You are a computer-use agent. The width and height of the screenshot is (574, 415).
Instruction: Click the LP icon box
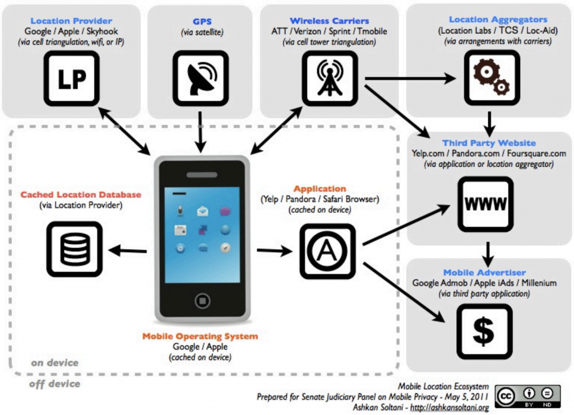click(x=72, y=78)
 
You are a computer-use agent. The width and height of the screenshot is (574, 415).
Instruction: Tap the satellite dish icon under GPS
click(x=201, y=78)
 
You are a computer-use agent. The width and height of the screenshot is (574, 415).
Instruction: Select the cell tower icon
click(x=330, y=78)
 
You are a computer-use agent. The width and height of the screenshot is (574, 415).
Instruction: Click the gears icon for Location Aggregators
click(x=492, y=78)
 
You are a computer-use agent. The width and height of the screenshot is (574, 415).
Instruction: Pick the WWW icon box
click(x=485, y=204)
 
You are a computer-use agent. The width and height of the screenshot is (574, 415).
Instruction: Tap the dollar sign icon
click(x=484, y=332)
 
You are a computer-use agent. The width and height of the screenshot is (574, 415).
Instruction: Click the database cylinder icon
click(x=75, y=249)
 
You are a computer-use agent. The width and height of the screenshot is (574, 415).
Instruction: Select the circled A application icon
click(x=327, y=251)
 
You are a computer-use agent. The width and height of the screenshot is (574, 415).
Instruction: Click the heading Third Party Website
click(x=489, y=143)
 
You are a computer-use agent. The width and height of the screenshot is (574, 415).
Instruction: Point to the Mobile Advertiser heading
click(x=484, y=272)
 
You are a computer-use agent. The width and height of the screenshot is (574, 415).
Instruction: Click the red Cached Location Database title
click(x=81, y=194)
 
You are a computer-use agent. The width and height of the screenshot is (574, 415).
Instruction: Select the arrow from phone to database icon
click(x=128, y=251)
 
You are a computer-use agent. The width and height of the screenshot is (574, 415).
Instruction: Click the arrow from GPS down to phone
click(x=200, y=132)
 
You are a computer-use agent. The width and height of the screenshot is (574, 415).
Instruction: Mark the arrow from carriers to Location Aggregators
click(x=410, y=78)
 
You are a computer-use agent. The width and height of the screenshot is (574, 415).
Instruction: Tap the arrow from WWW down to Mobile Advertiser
click(x=488, y=254)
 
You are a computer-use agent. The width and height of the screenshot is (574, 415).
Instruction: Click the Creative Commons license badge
click(x=527, y=397)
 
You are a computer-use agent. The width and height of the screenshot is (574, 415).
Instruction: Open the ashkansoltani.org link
click(x=450, y=407)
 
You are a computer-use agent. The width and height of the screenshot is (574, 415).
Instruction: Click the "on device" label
click(x=54, y=363)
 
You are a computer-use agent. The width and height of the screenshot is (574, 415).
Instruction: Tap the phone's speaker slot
click(x=202, y=175)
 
